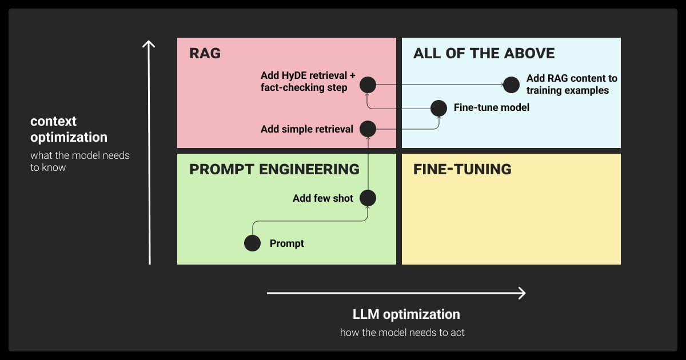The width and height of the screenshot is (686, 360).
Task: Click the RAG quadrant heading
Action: [205, 54]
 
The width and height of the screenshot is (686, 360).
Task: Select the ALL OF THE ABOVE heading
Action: [484, 54]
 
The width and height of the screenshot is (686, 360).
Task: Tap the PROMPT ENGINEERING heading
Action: [274, 169]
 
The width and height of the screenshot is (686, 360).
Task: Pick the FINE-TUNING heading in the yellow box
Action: [462, 169]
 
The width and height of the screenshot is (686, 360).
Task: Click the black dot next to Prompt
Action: [252, 243]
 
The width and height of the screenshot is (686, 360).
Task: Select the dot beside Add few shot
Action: [368, 198]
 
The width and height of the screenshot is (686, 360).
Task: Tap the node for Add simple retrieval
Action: [368, 129]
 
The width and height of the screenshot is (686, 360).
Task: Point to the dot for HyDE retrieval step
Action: [368, 85]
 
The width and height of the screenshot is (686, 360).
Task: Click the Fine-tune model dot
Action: [438, 107]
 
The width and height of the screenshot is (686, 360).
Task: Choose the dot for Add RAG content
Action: [511, 85]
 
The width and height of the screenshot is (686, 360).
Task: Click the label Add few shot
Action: [323, 198]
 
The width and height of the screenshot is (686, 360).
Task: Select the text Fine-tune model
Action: [491, 107]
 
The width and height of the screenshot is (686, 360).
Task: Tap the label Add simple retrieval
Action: [307, 129]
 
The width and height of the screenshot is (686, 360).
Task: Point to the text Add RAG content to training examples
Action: [571, 85]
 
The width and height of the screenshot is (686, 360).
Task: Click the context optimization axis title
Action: [69, 129]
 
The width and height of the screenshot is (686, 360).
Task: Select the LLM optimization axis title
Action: [406, 314]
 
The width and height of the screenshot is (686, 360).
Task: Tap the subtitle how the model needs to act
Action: [402, 333]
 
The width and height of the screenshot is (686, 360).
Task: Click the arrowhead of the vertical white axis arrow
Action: [149, 43]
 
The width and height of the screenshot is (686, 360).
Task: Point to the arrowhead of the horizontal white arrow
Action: [521, 293]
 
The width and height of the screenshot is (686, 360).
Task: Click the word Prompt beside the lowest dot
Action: [287, 243]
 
